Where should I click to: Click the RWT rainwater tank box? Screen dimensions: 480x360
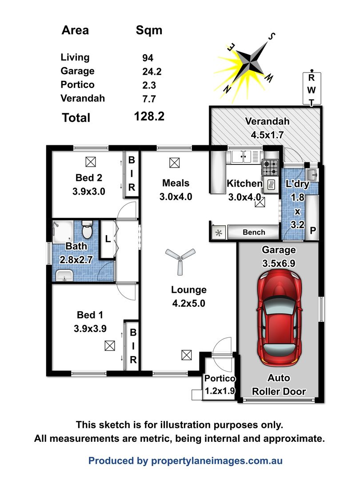coord(312,89)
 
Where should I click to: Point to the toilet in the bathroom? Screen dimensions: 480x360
coord(87,231)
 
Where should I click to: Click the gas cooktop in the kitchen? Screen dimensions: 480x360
coord(270,168)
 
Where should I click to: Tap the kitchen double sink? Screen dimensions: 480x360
coord(243,156)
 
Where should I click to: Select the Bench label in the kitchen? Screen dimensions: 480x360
coord(254,232)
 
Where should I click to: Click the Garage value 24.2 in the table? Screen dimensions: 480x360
coord(149,71)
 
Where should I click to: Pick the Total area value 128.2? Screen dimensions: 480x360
coord(149,117)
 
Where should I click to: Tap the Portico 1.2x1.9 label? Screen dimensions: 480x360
coord(220,385)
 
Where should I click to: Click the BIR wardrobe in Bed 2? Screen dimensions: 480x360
coord(132,174)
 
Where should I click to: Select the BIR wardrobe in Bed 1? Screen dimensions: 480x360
coord(132,345)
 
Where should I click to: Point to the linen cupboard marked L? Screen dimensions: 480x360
coord(107,239)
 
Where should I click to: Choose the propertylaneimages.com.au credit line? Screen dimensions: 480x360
coord(185,461)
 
